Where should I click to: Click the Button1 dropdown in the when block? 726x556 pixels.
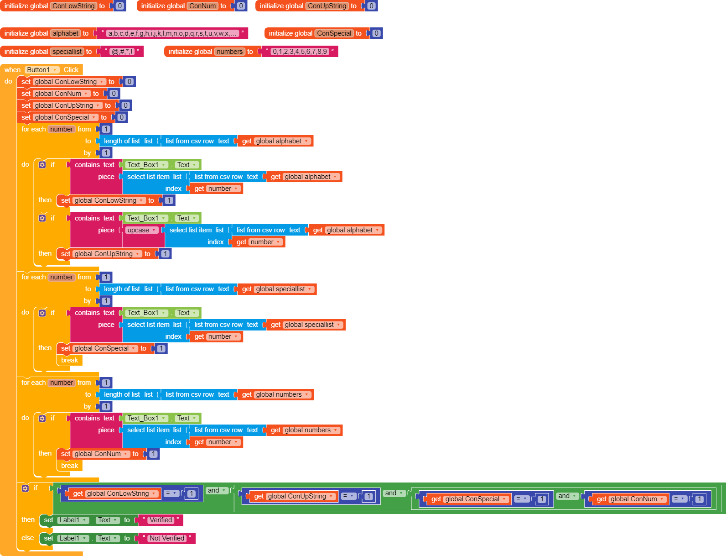pyautogui.click(x=42, y=70)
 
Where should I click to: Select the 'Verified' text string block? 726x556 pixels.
pyautogui.click(x=161, y=520)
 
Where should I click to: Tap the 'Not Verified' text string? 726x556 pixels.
pyautogui.click(x=167, y=538)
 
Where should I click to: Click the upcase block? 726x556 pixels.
pyautogui.click(x=141, y=230)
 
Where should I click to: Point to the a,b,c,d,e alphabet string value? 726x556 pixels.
pyautogui.click(x=172, y=33)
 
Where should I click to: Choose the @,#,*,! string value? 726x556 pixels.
pyautogui.click(x=122, y=52)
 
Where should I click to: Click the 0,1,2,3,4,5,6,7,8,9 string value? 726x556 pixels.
pyautogui.click(x=300, y=52)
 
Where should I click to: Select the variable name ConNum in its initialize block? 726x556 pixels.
pyautogui.click(x=203, y=6)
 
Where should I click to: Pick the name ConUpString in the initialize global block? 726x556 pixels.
pyautogui.click(x=327, y=6)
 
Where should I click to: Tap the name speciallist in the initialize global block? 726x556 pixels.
pyautogui.click(x=67, y=52)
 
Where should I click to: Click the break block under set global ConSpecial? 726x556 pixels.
pyautogui.click(x=70, y=360)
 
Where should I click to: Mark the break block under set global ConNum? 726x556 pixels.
pyautogui.click(x=70, y=466)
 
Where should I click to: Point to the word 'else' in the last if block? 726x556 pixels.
pyautogui.click(x=28, y=538)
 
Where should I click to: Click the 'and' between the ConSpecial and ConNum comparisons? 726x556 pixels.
pyautogui.click(x=564, y=496)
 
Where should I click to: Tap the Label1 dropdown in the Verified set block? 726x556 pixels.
pyautogui.click(x=73, y=520)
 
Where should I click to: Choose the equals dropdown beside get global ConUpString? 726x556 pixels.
pyautogui.click(x=348, y=496)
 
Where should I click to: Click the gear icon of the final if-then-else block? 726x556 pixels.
pyautogui.click(x=25, y=488)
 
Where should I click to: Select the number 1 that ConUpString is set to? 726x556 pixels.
pyautogui.click(x=165, y=254)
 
